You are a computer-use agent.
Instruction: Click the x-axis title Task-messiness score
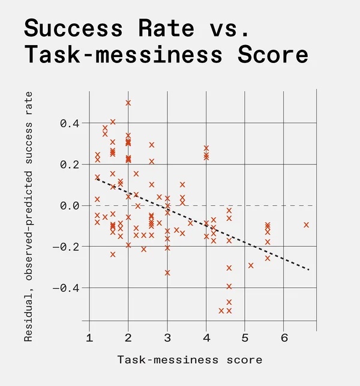[190, 360]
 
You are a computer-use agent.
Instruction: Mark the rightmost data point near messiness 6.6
[307, 225]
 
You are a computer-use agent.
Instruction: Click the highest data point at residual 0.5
[128, 103]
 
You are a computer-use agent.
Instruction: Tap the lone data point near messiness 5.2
[251, 265]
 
